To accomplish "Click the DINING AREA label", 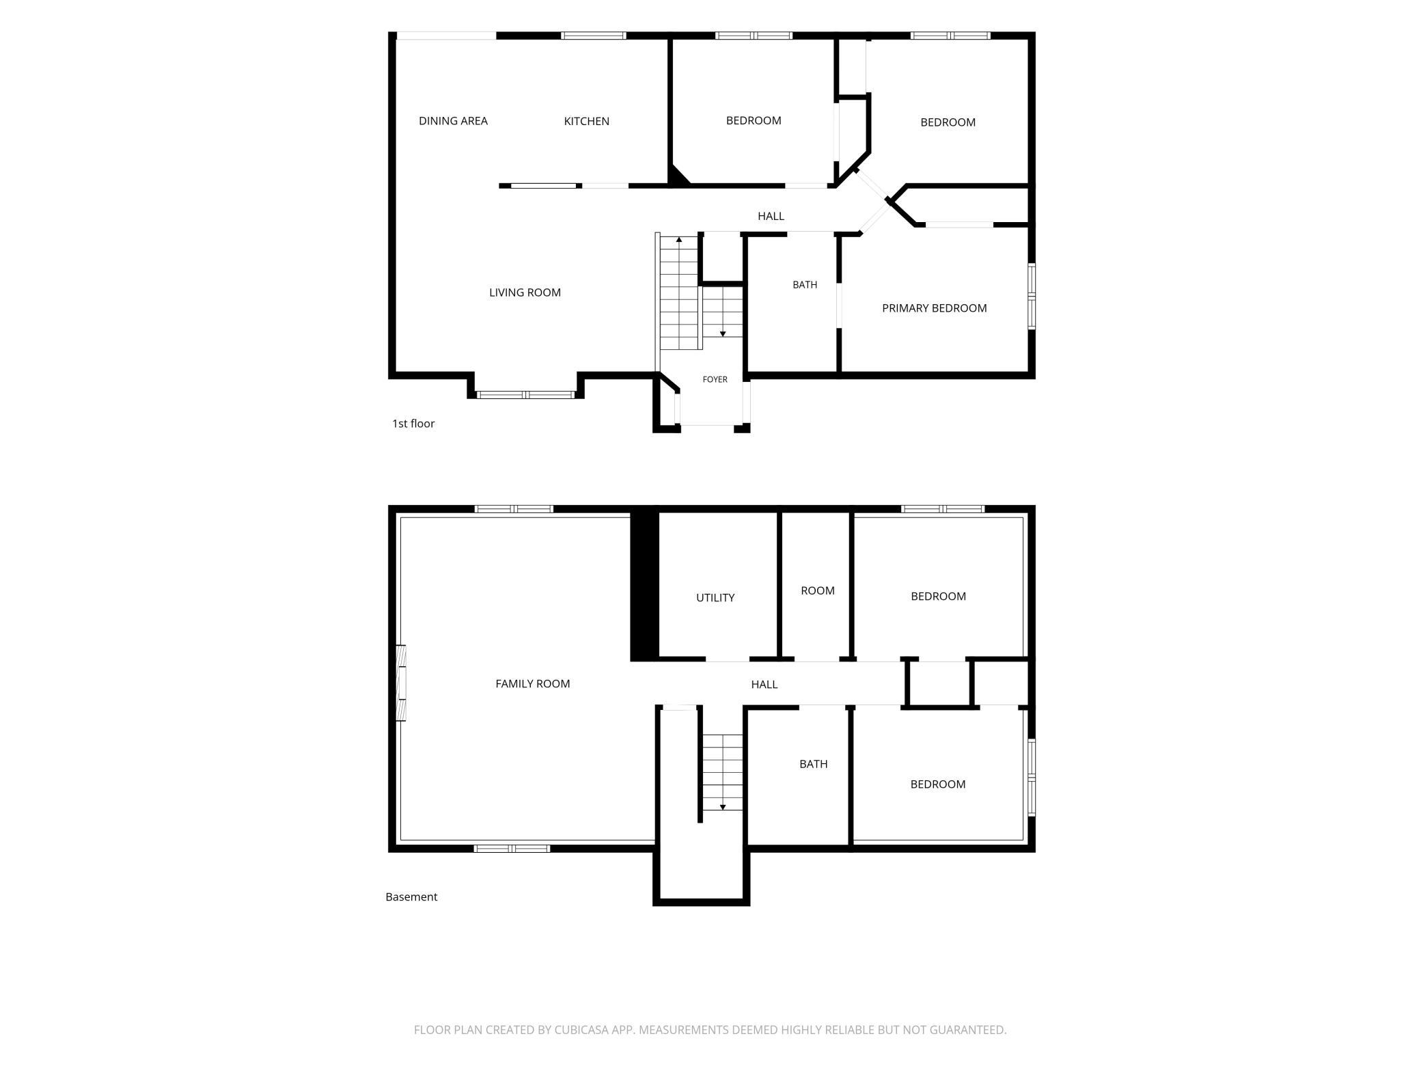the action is point(453,121).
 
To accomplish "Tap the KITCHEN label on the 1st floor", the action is point(586,121).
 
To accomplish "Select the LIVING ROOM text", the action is point(525,292).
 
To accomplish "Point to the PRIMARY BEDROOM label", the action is point(934,308).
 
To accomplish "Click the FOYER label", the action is point(715,379).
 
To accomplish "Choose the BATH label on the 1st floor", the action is point(805,285).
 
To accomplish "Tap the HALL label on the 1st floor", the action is point(771,216).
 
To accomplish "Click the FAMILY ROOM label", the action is point(532,683).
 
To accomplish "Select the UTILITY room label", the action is point(715,597).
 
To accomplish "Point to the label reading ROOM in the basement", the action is point(818,590).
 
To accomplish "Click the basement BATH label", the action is point(813,764).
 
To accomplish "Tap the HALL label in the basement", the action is point(764,684).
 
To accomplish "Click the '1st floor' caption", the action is point(413,424).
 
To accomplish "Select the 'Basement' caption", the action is point(411,897).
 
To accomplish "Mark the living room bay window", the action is point(525,394).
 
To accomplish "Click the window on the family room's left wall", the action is point(402,683).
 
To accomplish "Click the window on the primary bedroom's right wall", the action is point(1032,297).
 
